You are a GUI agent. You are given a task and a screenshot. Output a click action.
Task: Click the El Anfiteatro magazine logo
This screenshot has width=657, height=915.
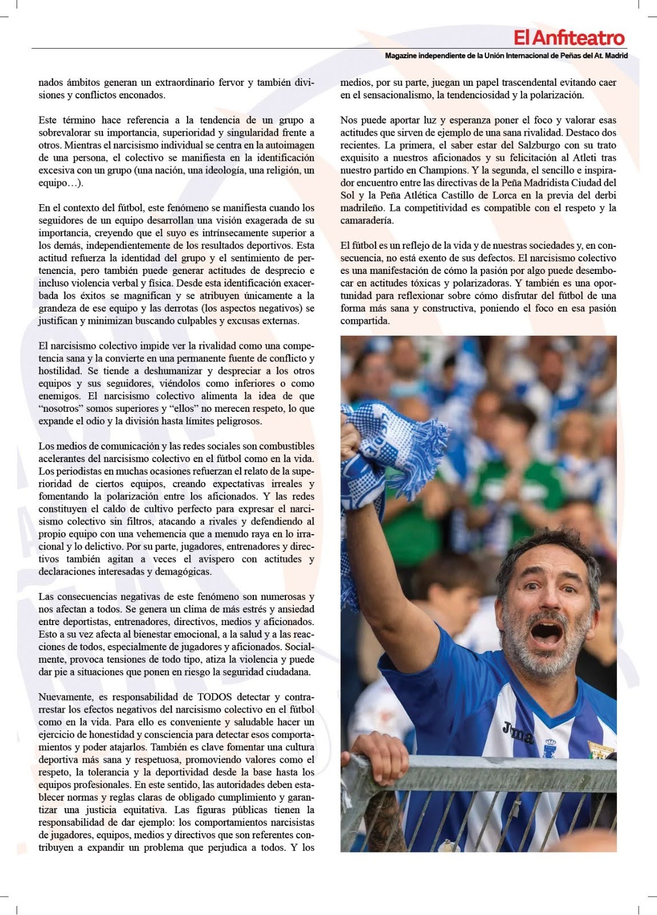(568, 38)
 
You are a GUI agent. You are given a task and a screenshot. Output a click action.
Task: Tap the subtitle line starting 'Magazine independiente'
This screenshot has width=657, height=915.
(506, 56)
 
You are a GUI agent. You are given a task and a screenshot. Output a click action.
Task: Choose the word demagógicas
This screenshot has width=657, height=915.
(179, 571)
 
